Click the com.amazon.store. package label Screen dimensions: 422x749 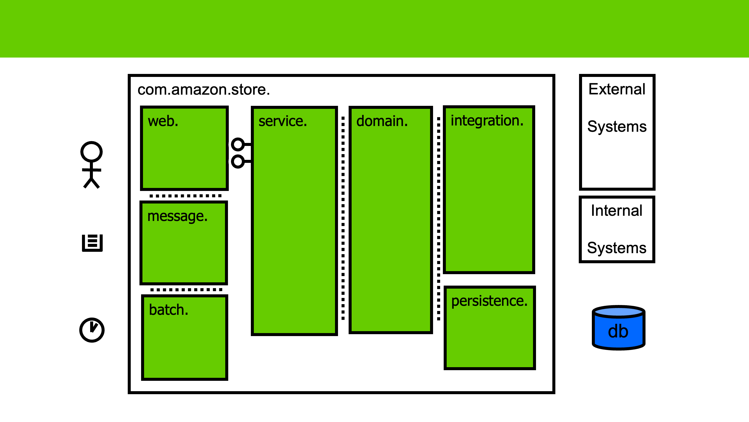[x=203, y=90]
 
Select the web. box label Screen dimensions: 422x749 [x=163, y=121]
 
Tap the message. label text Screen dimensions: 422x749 [x=177, y=216]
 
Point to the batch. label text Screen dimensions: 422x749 [x=168, y=310]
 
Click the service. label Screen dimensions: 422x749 [x=283, y=121]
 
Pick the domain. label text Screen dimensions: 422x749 [x=382, y=121]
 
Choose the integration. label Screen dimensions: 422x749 [x=487, y=121]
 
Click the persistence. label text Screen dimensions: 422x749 [x=489, y=301]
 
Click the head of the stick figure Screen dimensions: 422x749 [x=92, y=152]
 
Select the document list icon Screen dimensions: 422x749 [x=92, y=243]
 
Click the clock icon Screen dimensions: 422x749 [x=92, y=330]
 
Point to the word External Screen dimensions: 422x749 [x=617, y=89]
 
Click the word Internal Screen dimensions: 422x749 [x=616, y=211]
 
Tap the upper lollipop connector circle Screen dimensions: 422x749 [x=238, y=144]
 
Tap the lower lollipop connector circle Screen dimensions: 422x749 [x=238, y=162]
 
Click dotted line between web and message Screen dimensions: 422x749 [x=185, y=196]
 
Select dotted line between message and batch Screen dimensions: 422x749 [x=186, y=289]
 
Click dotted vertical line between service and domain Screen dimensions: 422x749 [x=343, y=219]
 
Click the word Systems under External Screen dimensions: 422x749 [x=617, y=127]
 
